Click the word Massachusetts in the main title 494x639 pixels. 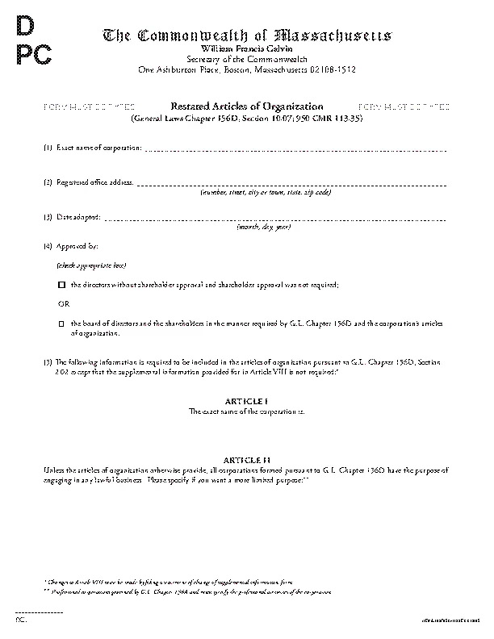333,36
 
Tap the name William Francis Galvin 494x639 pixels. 246,49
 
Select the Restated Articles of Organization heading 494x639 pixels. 246,106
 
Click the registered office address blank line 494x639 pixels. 291,185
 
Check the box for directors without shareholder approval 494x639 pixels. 61,286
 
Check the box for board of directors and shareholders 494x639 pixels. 61,324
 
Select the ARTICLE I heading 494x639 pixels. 246,401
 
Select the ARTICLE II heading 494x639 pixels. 246,459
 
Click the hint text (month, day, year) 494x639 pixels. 263,228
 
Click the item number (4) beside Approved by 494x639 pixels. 48,244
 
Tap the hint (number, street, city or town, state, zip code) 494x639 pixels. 266,192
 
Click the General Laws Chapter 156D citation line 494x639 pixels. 246,118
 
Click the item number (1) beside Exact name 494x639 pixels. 48,148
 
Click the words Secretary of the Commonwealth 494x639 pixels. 246,60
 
